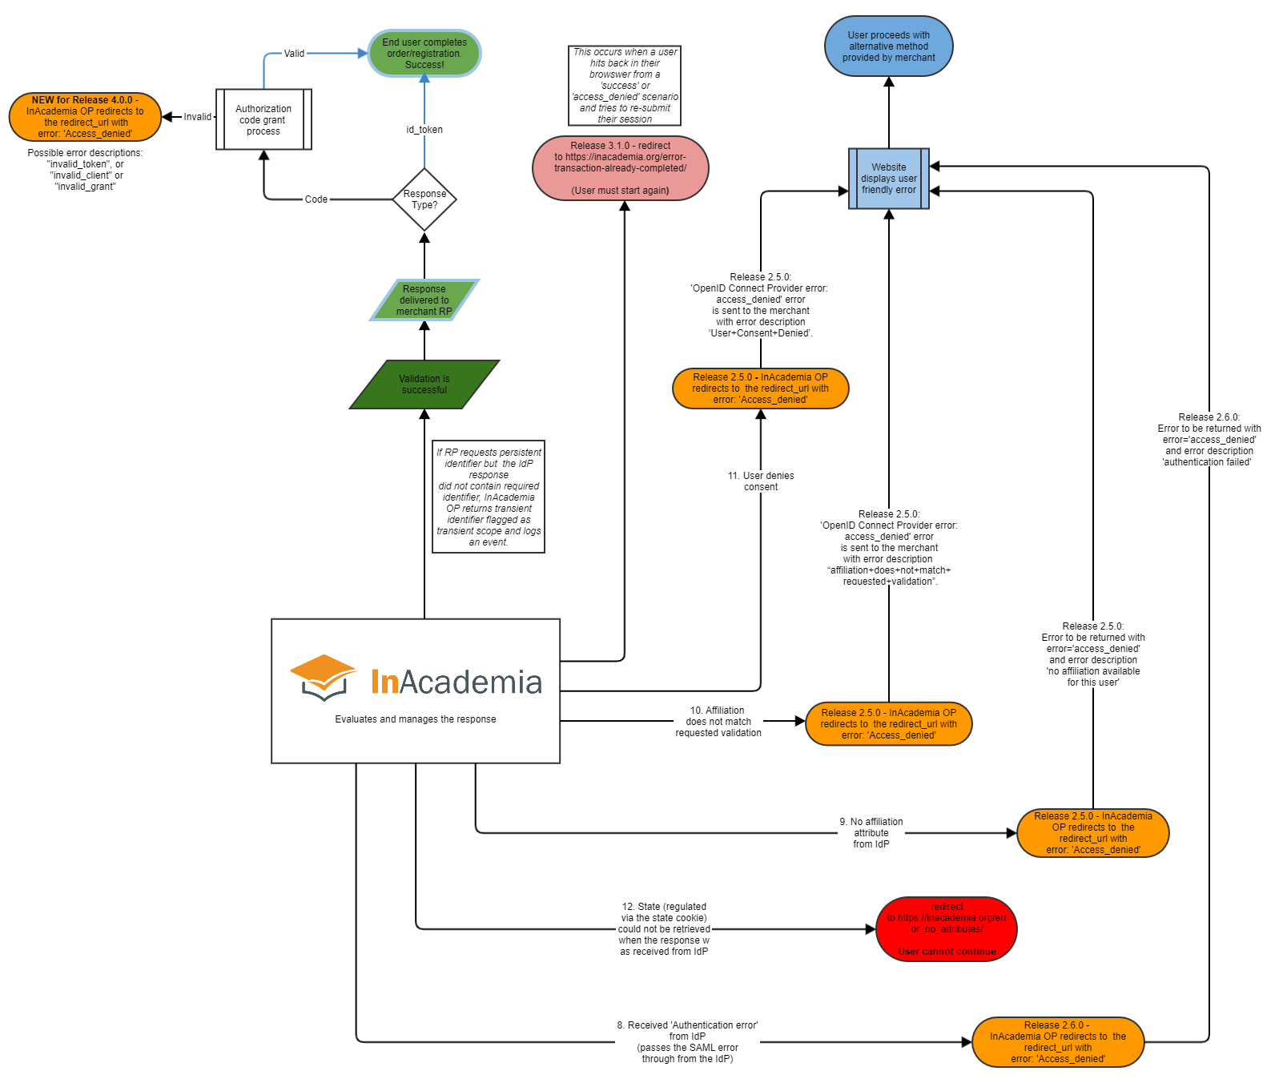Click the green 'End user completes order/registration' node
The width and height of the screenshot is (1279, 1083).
coord(424,54)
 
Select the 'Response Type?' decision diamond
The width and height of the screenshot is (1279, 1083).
coord(424,199)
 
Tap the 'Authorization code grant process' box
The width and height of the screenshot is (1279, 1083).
coord(263,119)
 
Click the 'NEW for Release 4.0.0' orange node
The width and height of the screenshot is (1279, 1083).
coord(85,117)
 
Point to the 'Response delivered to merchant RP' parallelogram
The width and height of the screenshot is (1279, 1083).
coord(424,300)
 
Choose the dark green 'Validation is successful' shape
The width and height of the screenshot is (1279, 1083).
coord(424,384)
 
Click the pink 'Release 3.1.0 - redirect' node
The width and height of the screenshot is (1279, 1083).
coord(620,168)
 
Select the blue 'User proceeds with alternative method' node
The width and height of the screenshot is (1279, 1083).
coord(888,46)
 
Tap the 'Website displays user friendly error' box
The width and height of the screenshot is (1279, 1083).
coord(888,179)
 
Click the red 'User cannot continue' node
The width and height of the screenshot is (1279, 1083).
coord(947,929)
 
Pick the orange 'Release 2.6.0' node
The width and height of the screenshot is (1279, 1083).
coord(1057,1042)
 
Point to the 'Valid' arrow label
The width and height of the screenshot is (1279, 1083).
coord(294,54)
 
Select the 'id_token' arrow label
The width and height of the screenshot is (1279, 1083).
coord(424,130)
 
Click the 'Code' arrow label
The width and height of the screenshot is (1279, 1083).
coord(316,199)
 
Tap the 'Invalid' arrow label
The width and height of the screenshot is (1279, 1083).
coord(197,117)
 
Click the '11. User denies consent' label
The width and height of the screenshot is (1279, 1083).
coord(761,481)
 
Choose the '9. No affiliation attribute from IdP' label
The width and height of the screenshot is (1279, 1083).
coord(871,833)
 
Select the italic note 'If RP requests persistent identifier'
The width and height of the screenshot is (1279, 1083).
coord(489,497)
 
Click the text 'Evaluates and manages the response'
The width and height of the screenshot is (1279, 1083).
coord(415,719)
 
